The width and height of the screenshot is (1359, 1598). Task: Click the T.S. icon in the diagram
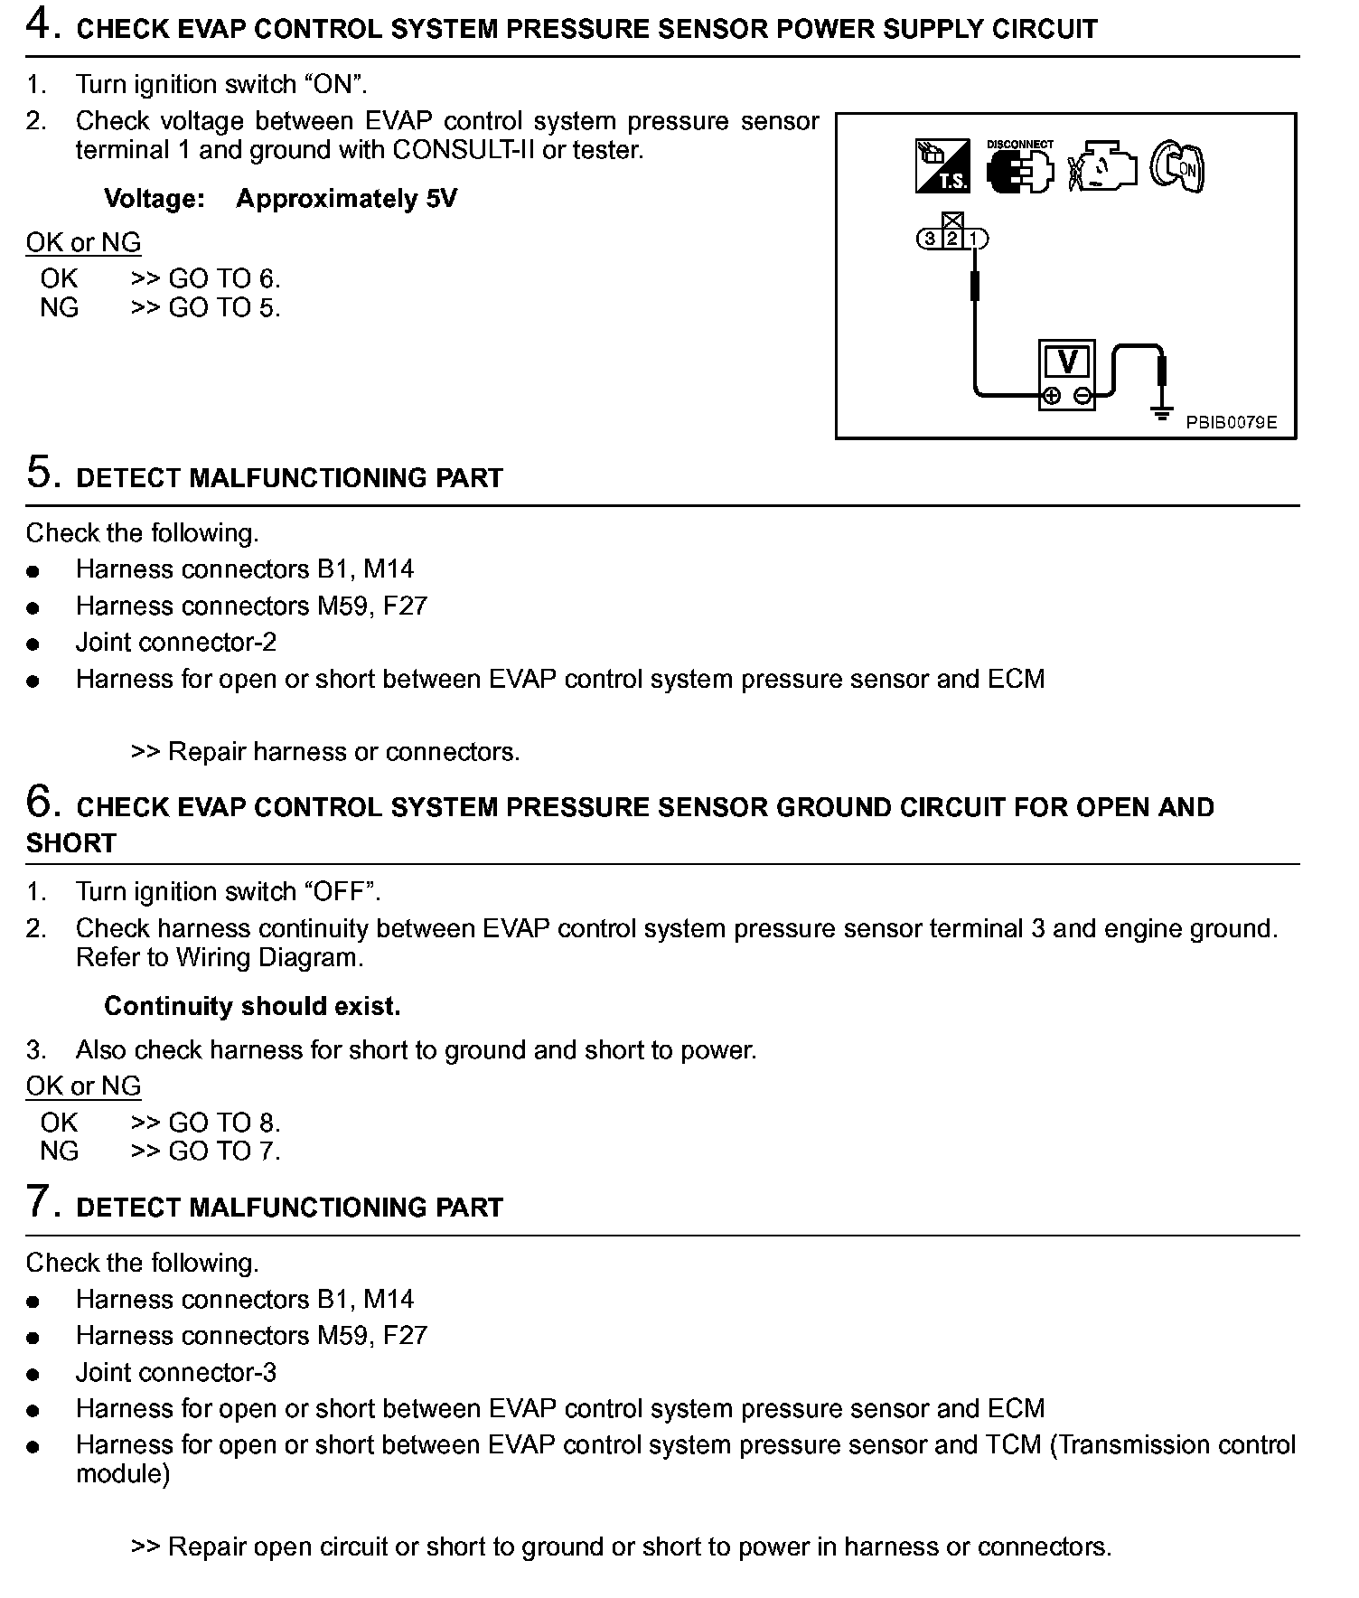[942, 166]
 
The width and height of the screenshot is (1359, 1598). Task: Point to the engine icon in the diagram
[1101, 167]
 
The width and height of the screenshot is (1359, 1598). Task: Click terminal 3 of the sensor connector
[930, 240]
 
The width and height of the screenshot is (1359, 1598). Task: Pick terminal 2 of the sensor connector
[952, 240]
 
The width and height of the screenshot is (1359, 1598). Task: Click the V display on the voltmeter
[1067, 362]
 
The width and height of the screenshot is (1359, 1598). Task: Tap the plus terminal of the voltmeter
[1052, 396]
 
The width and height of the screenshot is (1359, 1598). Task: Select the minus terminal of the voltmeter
[1082, 396]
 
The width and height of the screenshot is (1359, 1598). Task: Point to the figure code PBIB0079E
[1231, 422]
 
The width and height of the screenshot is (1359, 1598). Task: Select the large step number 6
[42, 802]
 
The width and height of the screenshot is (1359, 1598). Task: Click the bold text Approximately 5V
[346, 199]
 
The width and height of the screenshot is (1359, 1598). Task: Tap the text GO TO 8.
[224, 1123]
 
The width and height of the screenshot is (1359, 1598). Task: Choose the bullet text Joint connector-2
[176, 643]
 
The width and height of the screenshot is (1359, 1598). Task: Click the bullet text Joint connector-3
[176, 1372]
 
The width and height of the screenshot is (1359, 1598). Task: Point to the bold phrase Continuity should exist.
[252, 1006]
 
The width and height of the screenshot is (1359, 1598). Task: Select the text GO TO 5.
[224, 308]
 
